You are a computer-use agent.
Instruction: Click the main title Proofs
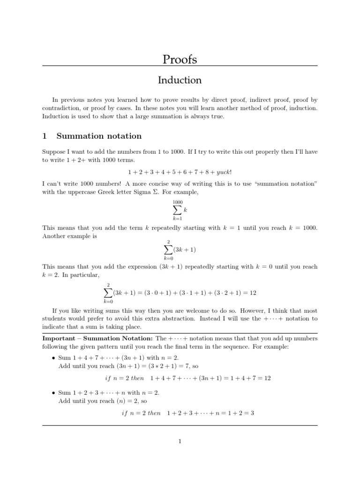click(x=180, y=60)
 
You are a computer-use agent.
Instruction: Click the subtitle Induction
click(x=180, y=80)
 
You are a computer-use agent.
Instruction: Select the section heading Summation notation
click(x=99, y=136)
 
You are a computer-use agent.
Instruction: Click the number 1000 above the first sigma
click(x=178, y=202)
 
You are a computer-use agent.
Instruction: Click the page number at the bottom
click(x=180, y=441)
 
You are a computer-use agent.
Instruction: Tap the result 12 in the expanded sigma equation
click(x=253, y=292)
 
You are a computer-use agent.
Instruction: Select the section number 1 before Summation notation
click(x=45, y=136)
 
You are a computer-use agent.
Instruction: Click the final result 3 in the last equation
click(x=252, y=413)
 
